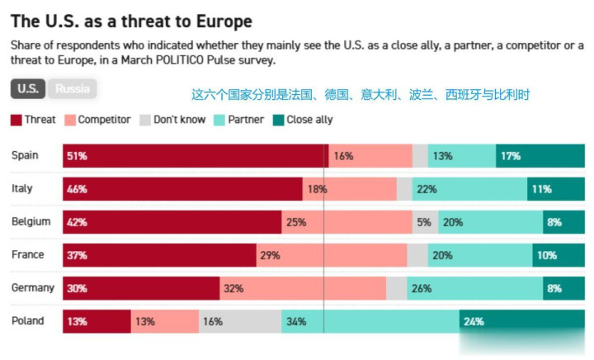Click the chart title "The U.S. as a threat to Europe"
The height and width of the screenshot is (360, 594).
tap(131, 21)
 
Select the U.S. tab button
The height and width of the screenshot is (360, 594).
tap(28, 88)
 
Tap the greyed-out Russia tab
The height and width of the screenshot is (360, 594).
tap(73, 88)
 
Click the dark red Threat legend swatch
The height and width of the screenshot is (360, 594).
tap(16, 120)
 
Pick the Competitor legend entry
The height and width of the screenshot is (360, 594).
tap(97, 120)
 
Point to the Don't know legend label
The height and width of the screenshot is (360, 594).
tap(180, 120)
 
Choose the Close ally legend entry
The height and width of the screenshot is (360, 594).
tap(303, 120)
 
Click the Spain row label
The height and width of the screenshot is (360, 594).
tap(25, 155)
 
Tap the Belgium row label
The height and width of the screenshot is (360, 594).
tap(31, 221)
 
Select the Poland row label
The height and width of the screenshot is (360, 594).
tap(28, 321)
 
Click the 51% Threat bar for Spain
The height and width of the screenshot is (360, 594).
tap(196, 156)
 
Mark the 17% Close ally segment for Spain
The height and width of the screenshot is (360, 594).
tap(540, 156)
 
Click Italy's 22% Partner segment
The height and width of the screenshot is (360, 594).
tap(469, 189)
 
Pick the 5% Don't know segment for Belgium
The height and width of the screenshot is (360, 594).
tap(426, 222)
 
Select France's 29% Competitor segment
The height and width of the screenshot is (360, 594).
tap(332, 255)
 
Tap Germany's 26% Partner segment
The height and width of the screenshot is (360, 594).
tap(475, 288)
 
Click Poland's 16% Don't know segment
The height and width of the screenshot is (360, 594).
tap(240, 321)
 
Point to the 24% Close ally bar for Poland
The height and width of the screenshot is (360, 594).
tap(522, 321)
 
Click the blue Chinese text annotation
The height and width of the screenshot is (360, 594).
tap(361, 94)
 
